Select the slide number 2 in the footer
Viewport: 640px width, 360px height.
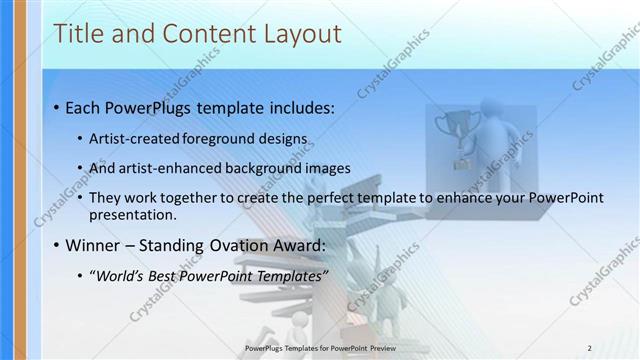pyautogui.click(x=589, y=348)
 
